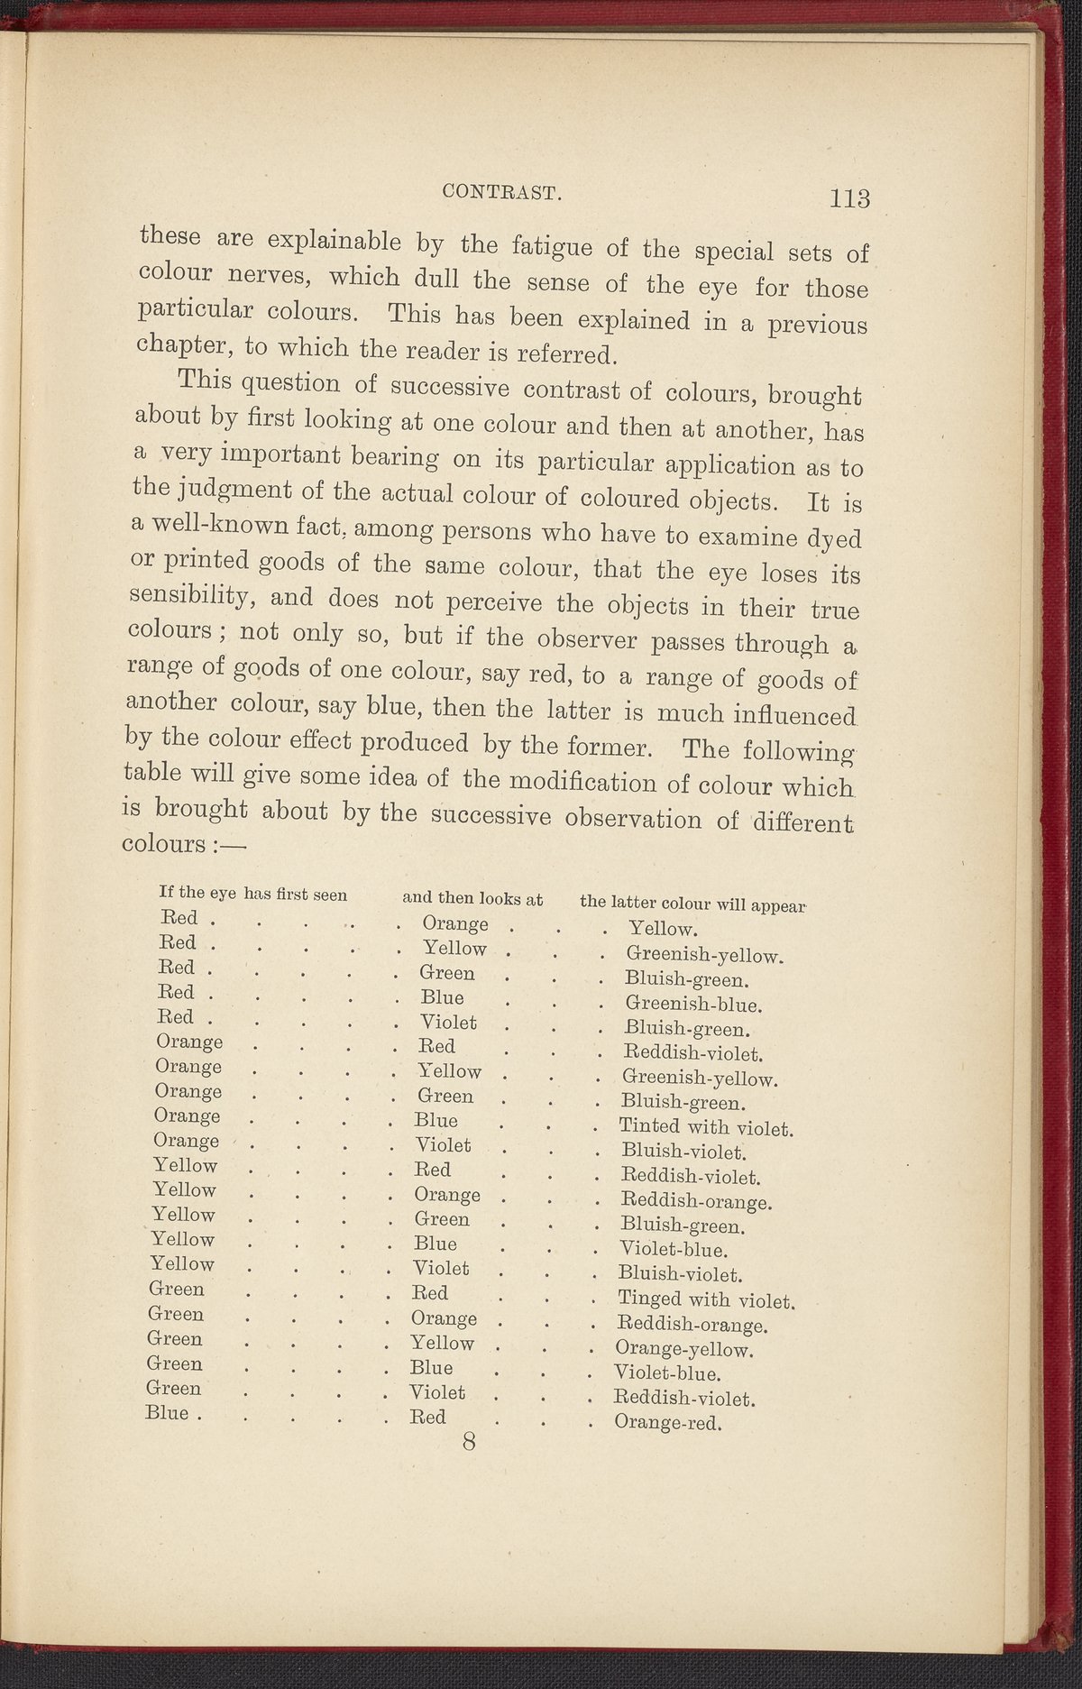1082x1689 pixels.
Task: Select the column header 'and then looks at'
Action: (472, 898)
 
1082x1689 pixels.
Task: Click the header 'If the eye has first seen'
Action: (252, 895)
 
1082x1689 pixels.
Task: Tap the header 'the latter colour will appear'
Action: (692, 904)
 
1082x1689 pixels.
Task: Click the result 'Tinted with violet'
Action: (705, 1127)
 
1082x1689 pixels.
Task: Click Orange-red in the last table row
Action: (669, 1423)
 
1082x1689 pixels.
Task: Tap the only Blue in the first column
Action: (168, 1413)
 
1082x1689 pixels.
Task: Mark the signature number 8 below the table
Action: (469, 1441)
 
